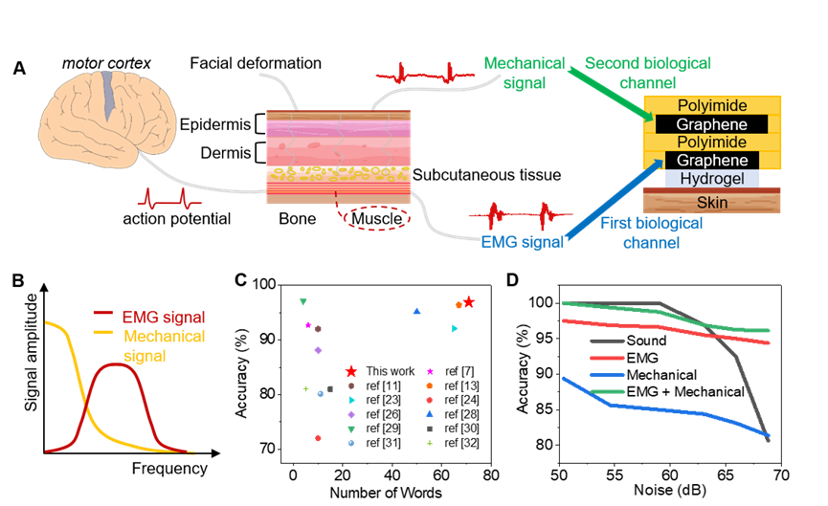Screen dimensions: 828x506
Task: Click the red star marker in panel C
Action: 468,302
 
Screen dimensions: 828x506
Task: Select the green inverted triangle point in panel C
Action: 303,302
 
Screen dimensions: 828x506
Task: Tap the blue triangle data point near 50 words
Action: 416,311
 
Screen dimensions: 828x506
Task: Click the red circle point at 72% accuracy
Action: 318,438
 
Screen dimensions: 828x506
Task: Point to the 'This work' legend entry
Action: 380,371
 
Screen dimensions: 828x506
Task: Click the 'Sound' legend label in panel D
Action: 646,341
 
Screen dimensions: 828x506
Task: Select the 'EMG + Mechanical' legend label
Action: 685,391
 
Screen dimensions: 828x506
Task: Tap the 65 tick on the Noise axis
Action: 726,475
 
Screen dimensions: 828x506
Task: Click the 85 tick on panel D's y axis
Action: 544,409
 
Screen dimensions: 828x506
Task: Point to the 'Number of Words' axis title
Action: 386,493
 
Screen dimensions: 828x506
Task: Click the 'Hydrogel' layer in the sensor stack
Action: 712,178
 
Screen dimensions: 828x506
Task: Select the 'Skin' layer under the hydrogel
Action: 712,202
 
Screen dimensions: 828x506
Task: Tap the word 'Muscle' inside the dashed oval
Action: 376,218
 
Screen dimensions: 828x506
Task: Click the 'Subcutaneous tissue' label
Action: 486,175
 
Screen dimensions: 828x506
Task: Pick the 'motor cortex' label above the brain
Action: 106,63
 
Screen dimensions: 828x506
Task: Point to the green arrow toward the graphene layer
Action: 612,95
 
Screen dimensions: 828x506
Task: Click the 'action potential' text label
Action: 176,219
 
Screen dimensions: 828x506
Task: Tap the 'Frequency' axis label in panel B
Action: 169,469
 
